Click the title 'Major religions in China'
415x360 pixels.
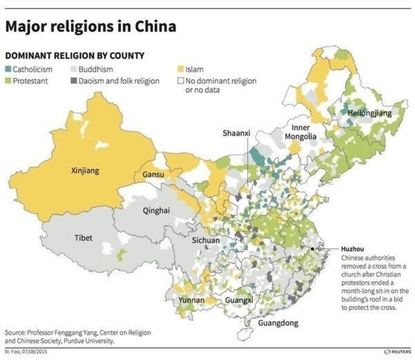pyautogui.click(x=91, y=26)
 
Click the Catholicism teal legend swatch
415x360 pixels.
pyautogui.click(x=8, y=70)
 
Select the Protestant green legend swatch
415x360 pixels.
pyautogui.click(x=8, y=80)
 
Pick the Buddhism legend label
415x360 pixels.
pyautogui.click(x=96, y=70)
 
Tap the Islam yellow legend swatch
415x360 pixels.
pyautogui.click(x=181, y=70)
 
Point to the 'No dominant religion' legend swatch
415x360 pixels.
pyautogui.click(x=181, y=80)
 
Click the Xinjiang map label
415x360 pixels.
pyautogui.click(x=86, y=171)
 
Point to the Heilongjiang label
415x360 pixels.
pyautogui.click(x=370, y=113)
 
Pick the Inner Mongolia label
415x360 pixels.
pyautogui.click(x=300, y=132)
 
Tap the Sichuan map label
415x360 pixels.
pyautogui.click(x=206, y=240)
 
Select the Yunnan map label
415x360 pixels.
pyautogui.click(x=191, y=301)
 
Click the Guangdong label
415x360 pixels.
pyautogui.click(x=278, y=323)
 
